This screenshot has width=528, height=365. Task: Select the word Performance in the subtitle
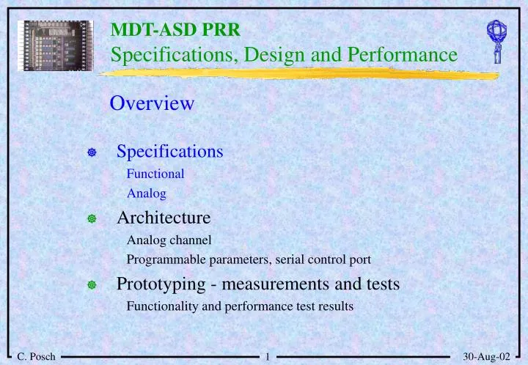click(399, 54)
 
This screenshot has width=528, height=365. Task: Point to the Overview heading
click(152, 103)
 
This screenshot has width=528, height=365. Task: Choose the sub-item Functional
click(155, 174)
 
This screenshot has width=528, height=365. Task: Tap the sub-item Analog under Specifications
click(146, 193)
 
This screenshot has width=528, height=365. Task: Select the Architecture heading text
click(164, 218)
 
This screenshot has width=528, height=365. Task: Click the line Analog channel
click(169, 240)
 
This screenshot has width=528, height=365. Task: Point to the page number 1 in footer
click(268, 357)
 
